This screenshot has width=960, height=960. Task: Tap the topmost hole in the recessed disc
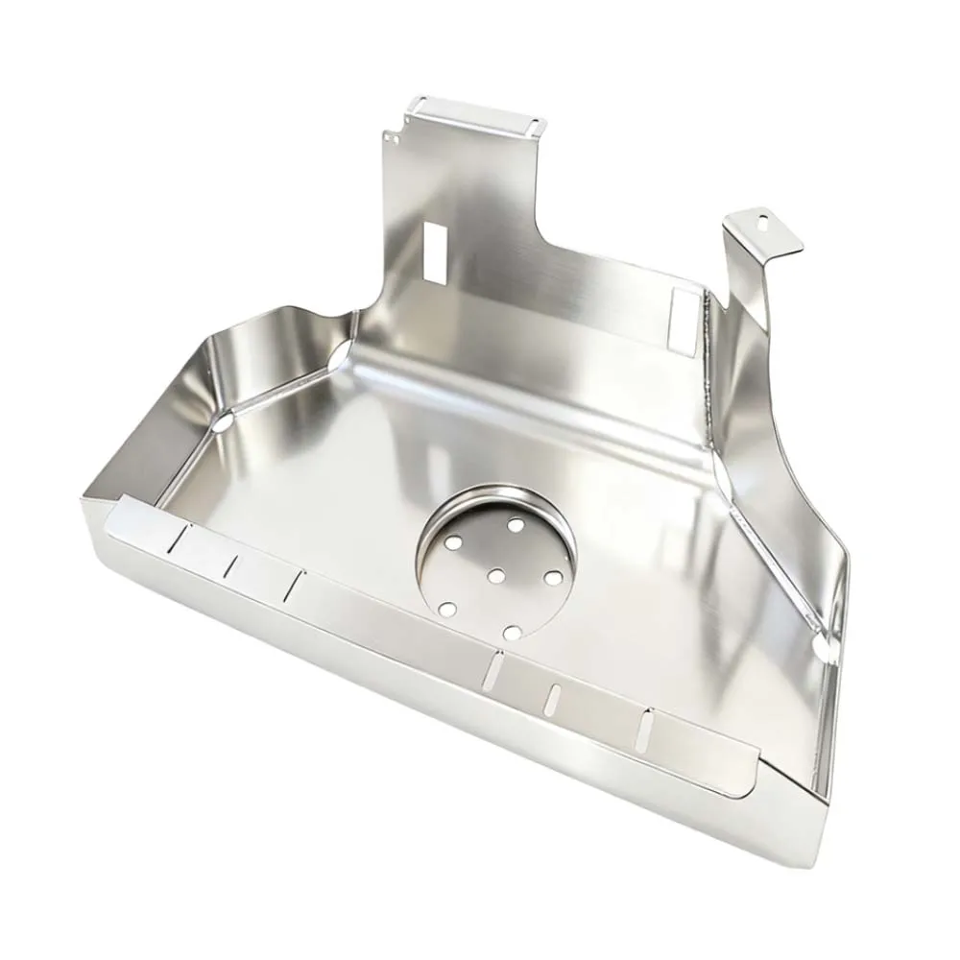click(516, 525)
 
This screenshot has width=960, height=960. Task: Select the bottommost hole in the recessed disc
click(512, 632)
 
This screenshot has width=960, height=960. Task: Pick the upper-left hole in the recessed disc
click(453, 543)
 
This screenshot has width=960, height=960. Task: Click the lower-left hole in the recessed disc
click(446, 609)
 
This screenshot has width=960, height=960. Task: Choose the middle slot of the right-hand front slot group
click(552, 700)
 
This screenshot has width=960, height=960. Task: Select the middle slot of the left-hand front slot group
click(229, 566)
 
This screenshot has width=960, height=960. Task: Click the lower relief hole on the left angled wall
click(222, 421)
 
